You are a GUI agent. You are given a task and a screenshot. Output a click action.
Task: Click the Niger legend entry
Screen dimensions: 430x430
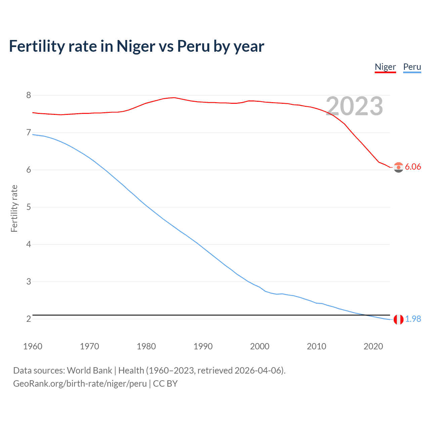point(385,67)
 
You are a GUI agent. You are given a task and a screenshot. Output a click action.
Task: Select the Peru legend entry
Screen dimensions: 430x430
point(412,67)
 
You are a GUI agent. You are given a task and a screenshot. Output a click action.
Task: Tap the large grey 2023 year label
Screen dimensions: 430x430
point(354,106)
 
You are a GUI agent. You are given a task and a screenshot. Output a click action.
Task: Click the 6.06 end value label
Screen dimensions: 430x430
point(413,167)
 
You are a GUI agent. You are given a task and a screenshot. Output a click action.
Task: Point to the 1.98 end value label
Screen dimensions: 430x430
point(413,319)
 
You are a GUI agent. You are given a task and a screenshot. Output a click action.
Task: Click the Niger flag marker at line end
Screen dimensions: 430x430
point(398,167)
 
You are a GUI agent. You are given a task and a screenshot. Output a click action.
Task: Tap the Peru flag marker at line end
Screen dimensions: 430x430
point(398,319)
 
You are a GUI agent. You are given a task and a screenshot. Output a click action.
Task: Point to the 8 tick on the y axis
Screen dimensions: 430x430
point(29,95)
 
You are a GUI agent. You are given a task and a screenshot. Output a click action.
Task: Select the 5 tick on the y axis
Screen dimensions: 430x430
point(29,207)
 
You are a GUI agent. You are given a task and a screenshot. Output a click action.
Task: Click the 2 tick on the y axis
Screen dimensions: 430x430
point(29,319)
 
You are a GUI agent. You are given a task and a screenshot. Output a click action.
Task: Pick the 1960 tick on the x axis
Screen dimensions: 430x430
point(33,346)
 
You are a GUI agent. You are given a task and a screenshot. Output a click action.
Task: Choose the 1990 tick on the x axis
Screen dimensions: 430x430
point(203,346)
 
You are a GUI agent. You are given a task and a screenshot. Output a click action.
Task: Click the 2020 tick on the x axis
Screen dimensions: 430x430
point(373,346)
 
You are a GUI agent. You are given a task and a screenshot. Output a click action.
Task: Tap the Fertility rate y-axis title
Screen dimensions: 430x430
point(14,208)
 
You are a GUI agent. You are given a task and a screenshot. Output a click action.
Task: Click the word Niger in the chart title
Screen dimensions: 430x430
point(136,46)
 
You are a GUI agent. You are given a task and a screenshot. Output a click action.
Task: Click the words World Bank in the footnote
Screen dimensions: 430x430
point(89,371)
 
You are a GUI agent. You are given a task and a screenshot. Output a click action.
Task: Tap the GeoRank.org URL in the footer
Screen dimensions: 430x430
point(80,384)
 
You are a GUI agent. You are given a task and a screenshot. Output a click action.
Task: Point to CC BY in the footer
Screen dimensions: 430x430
point(165,384)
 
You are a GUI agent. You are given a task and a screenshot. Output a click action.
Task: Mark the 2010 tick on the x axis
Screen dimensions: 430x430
point(316,346)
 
